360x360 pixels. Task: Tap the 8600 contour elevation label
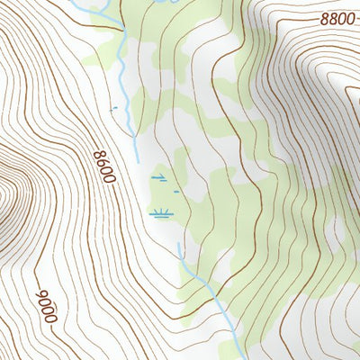click(104, 167)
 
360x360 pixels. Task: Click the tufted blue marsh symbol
click(160, 214)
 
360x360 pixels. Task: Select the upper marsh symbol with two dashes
click(159, 178)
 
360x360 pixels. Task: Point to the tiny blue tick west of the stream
click(112, 109)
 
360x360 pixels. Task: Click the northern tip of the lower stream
click(179, 244)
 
